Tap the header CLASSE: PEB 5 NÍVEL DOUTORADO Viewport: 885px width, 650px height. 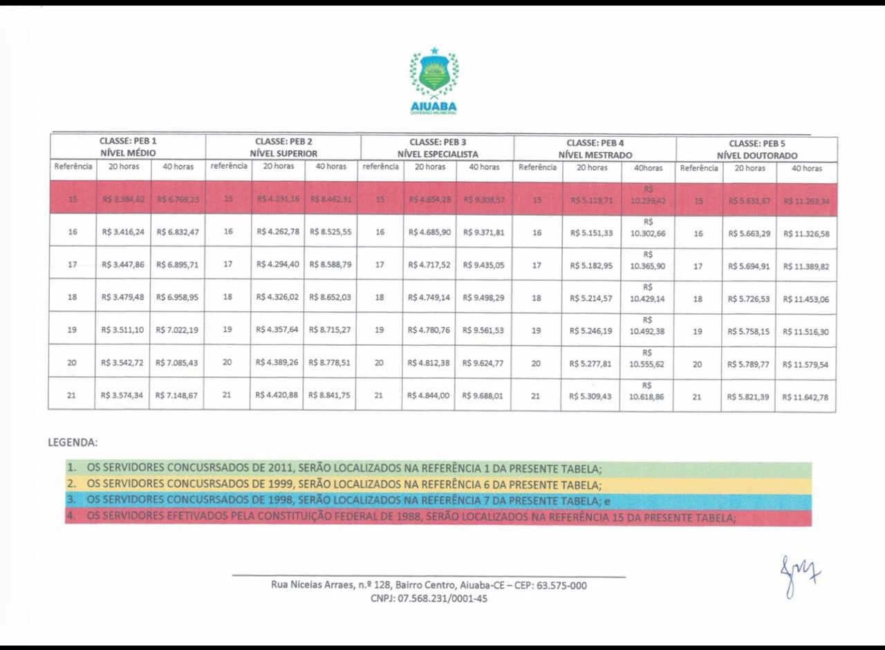(x=756, y=149)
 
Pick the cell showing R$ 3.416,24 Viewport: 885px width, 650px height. (x=123, y=232)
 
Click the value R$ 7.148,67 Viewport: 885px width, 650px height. (x=177, y=396)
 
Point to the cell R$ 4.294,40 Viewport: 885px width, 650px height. (x=277, y=265)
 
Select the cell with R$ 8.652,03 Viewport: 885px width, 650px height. (x=330, y=297)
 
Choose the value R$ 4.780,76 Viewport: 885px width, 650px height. (x=429, y=331)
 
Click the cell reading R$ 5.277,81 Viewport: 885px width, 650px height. (x=591, y=364)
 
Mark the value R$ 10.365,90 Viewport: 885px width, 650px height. (x=647, y=261)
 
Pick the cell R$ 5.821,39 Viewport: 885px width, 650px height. (x=748, y=397)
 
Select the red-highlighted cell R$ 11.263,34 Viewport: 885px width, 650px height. (x=806, y=201)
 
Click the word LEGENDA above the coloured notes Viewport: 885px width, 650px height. (x=73, y=442)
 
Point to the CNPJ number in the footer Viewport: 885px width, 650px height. (x=429, y=599)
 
